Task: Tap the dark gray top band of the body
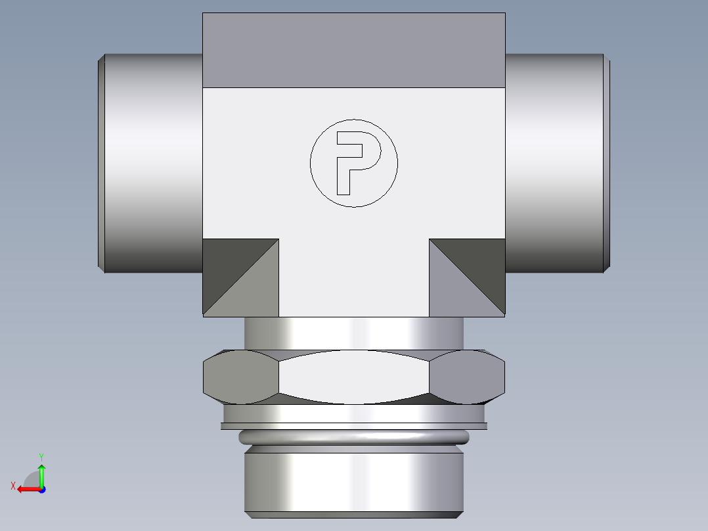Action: tap(353, 50)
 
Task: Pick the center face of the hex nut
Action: tap(353, 377)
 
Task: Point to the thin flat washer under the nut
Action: tap(354, 426)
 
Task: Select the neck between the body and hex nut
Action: tap(354, 333)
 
